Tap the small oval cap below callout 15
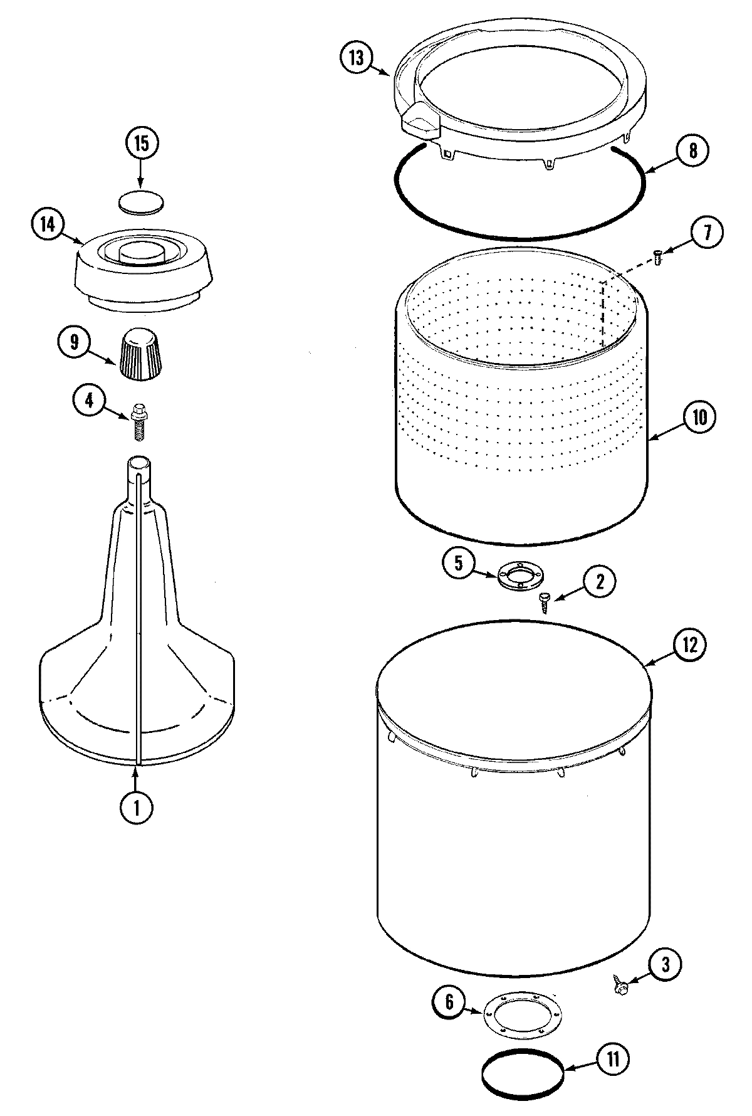[142, 203]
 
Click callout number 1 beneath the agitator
[135, 809]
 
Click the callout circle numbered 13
[356, 58]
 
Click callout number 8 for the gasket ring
[692, 150]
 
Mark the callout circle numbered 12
[689, 645]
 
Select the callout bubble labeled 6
[449, 1002]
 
